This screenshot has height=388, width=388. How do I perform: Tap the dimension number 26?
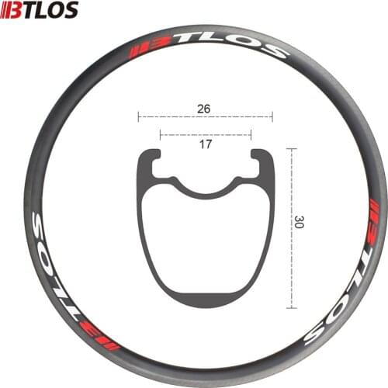coord(204,109)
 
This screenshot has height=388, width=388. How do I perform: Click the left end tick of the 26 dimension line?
coord(138,117)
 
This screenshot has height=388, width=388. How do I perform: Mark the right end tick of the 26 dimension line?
coord(272,117)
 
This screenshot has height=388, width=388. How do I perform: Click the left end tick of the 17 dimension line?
coord(160,134)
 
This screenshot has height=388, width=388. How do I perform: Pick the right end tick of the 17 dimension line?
coord(251,134)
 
